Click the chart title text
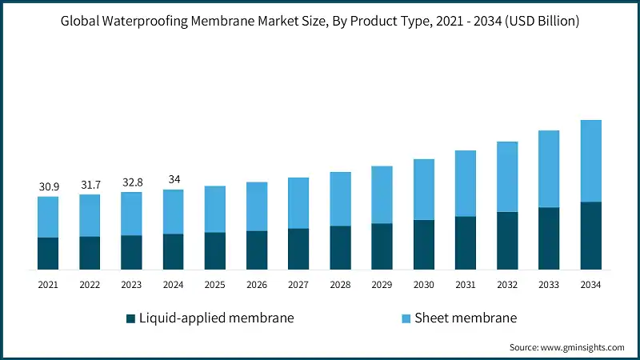(x=320, y=22)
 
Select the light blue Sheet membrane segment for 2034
(x=590, y=161)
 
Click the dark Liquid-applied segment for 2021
(x=48, y=253)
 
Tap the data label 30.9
(x=48, y=186)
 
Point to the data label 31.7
(x=90, y=185)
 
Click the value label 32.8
(x=131, y=182)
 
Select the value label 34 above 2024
(x=173, y=179)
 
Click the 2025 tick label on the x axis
(x=214, y=284)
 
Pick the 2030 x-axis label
(x=423, y=284)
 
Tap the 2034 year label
(x=590, y=284)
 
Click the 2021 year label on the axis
(x=48, y=284)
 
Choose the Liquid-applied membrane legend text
(x=217, y=318)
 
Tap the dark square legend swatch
(x=131, y=318)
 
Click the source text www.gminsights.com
(x=566, y=347)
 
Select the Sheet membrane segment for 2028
(x=340, y=199)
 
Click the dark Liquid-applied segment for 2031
(x=466, y=242)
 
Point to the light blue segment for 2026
(x=257, y=206)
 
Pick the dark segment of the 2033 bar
(x=549, y=238)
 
